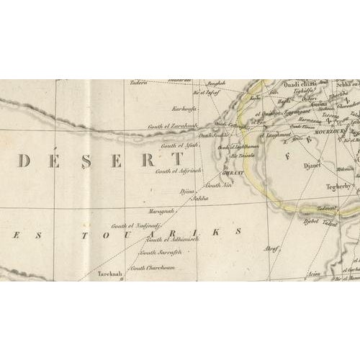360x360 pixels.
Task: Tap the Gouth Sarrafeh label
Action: (160, 252)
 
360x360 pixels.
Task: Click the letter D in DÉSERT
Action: (24, 161)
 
